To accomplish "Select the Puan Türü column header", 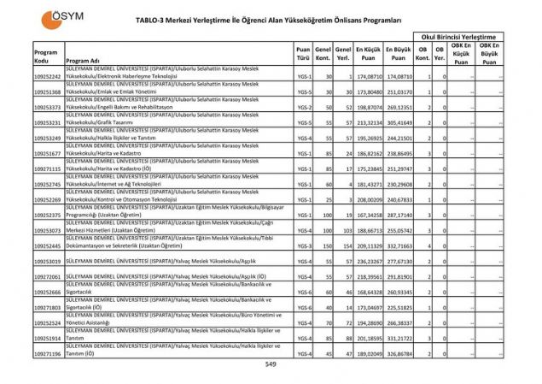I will (x=302, y=55).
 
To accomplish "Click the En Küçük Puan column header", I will (x=367, y=55).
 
